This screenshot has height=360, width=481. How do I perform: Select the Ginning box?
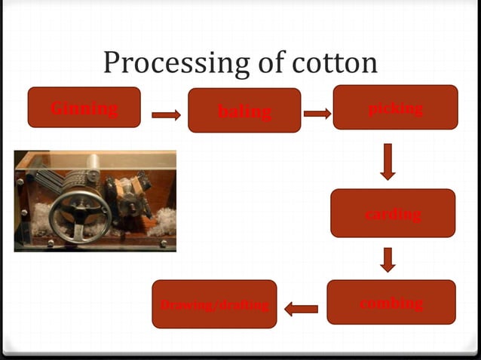84,107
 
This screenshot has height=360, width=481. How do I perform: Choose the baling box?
244,110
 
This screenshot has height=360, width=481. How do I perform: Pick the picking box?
395,107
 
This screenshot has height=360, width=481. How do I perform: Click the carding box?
392,213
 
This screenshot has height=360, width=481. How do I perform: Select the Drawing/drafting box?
214,304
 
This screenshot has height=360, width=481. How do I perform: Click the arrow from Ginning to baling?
166,115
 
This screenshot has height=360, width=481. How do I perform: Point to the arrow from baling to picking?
317,114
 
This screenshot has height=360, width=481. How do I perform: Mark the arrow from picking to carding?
388,161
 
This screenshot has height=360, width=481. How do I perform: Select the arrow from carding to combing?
388,259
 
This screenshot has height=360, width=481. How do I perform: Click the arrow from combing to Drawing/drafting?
302,308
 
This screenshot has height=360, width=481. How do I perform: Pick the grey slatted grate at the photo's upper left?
45,177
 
